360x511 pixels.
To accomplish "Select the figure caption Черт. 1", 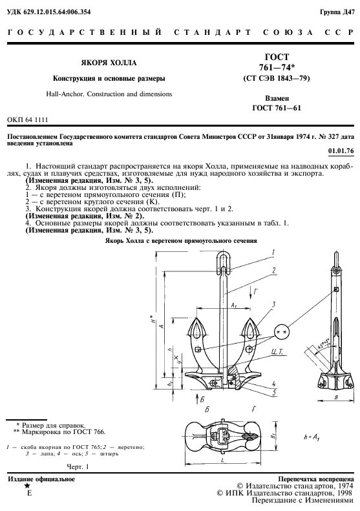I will point(78,466).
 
